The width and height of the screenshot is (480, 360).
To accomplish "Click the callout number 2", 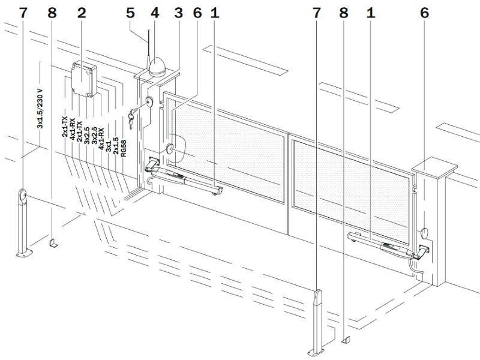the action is click(82, 13).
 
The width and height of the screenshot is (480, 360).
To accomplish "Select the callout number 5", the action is click(130, 13).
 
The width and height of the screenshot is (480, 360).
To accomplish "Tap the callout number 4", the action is click(155, 13).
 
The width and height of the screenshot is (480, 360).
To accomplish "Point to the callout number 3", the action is click(178, 13).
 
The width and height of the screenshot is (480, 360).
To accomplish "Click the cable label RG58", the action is click(124, 148).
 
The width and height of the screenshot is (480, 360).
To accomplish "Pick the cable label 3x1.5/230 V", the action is click(40, 109).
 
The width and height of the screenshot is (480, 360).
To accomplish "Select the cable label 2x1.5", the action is click(116, 145).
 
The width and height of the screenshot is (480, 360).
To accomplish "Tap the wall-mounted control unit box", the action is click(84, 79).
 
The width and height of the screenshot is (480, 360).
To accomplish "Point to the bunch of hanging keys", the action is click(131, 119).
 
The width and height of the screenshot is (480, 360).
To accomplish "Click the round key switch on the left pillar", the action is click(149, 101).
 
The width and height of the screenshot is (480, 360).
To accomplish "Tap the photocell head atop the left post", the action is click(23, 197).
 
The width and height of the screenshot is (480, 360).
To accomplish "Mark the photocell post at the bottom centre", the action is click(318, 323).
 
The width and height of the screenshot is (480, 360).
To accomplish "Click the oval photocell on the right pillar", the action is click(424, 233).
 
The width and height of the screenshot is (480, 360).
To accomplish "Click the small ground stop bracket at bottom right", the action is click(346, 340).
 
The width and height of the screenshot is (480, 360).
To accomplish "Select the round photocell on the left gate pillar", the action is click(170, 149).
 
